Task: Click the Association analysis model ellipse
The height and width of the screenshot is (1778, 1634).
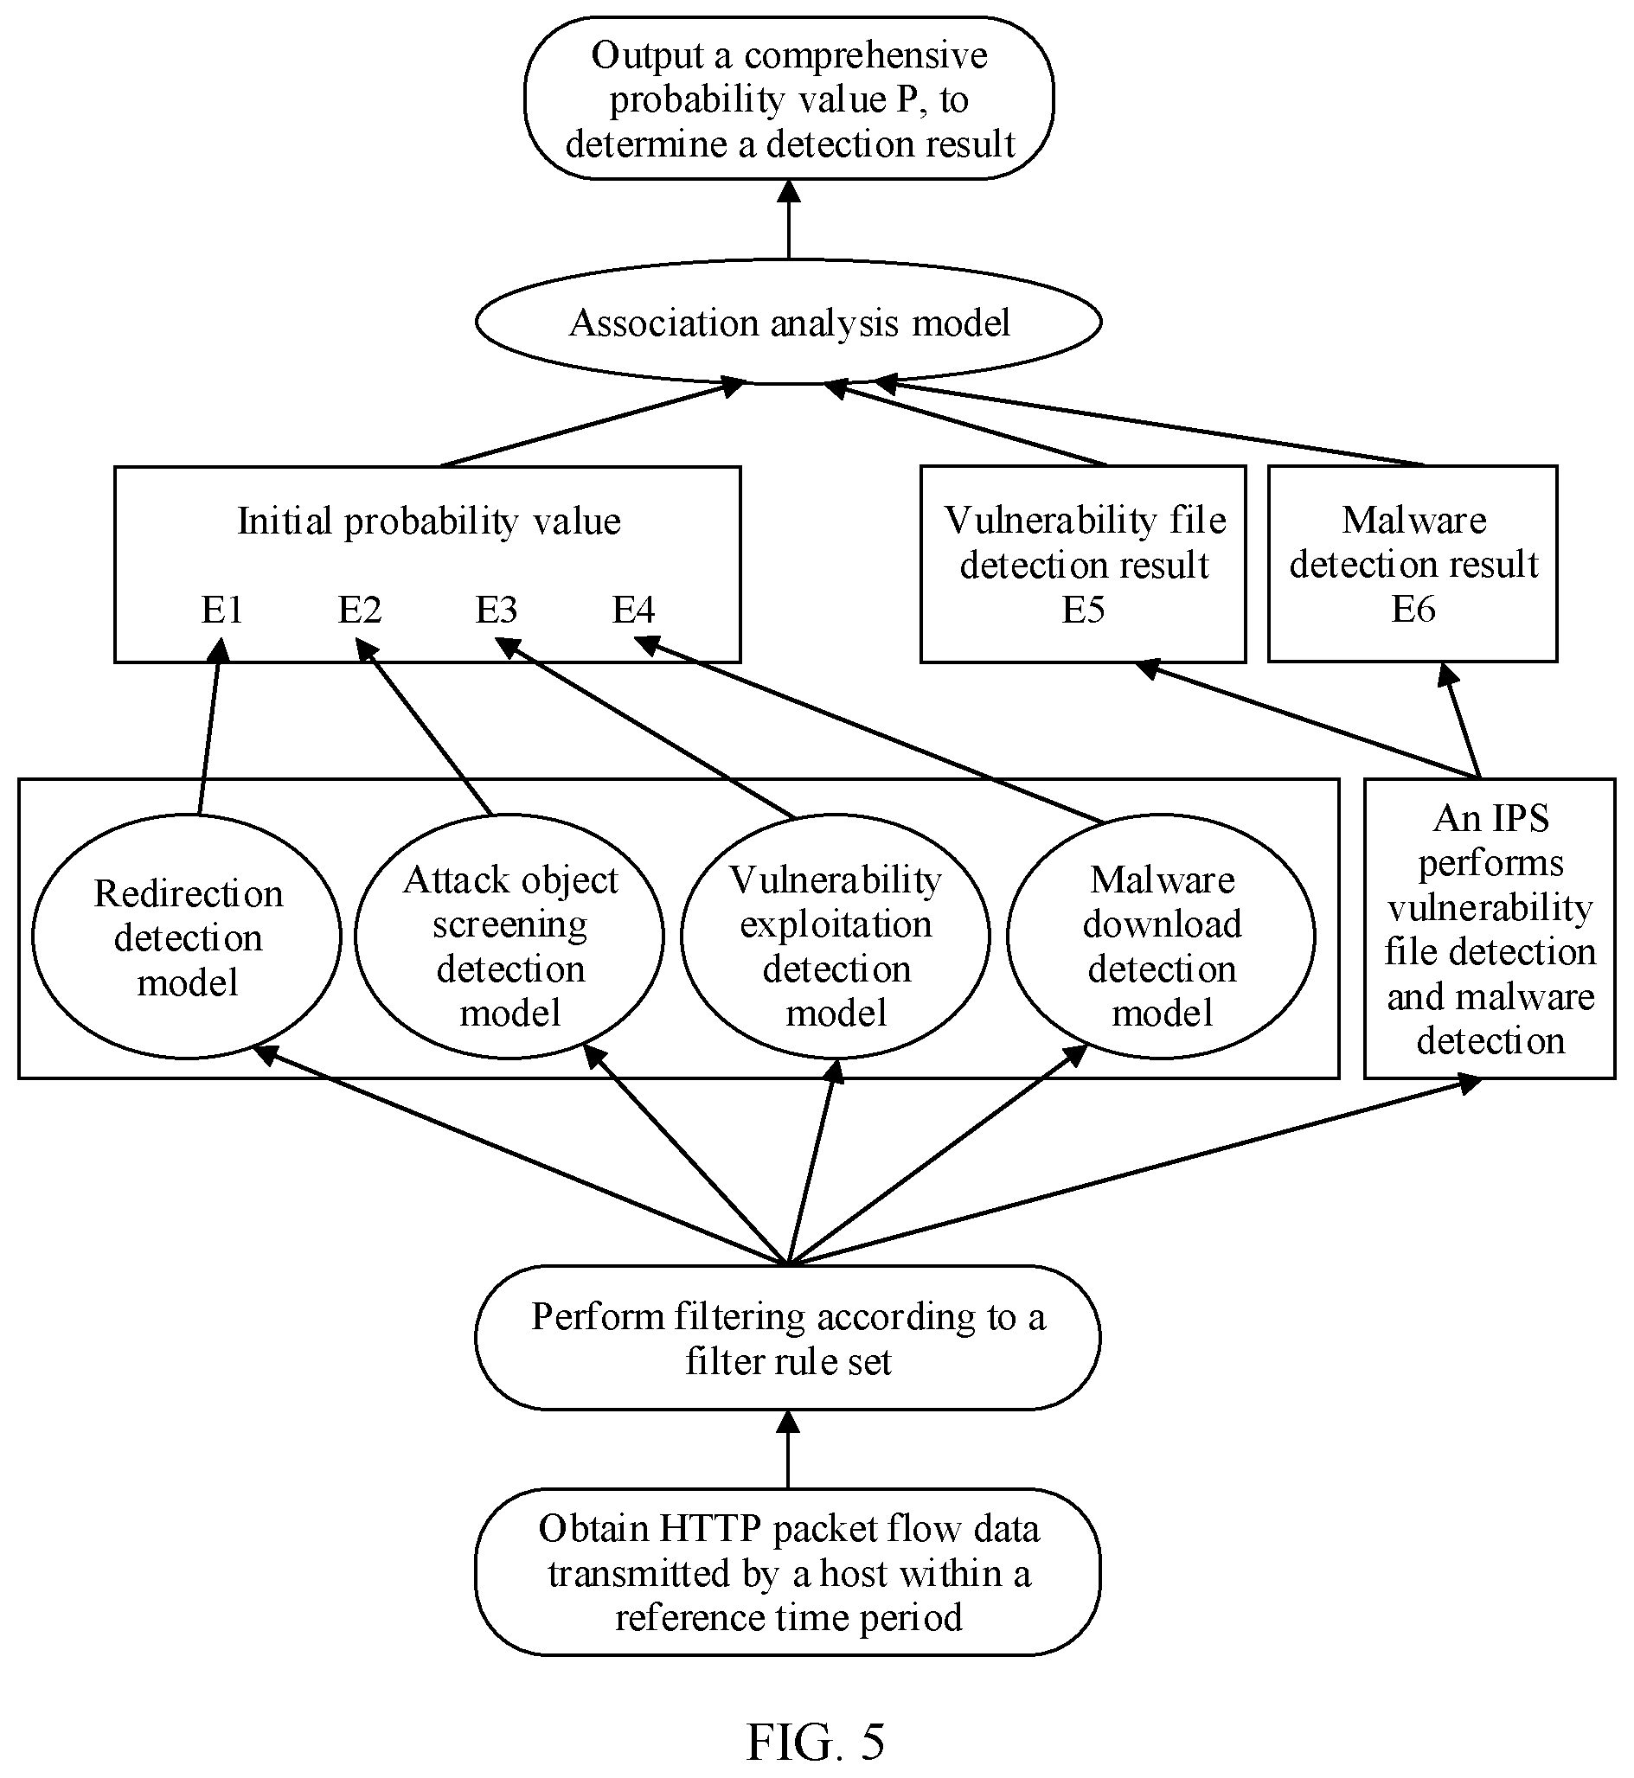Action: click(x=788, y=322)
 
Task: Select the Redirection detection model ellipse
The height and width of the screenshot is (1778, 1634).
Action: click(x=187, y=937)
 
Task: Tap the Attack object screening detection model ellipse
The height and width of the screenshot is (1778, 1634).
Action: click(x=509, y=937)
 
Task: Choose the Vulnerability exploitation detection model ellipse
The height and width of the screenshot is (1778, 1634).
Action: click(x=836, y=937)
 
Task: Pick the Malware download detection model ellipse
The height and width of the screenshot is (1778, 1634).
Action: click(x=1161, y=937)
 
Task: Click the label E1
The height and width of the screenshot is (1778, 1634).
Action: click(x=222, y=609)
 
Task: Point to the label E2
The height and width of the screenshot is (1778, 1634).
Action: click(x=360, y=609)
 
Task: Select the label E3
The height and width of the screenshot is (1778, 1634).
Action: click(x=497, y=609)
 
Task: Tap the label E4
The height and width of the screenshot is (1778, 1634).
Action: click(x=634, y=609)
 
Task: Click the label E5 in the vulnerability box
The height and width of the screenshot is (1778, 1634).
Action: click(x=1083, y=609)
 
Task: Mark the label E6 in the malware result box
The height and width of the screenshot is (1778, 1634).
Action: click(x=1413, y=608)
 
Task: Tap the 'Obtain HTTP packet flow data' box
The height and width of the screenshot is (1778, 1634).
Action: click(x=788, y=1573)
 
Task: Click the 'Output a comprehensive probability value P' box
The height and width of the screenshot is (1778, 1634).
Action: click(x=789, y=98)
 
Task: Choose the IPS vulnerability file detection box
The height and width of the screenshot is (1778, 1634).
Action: click(x=1490, y=928)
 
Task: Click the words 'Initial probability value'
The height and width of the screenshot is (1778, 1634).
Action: click(x=429, y=521)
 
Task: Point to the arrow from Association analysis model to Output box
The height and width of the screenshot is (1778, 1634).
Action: click(x=789, y=220)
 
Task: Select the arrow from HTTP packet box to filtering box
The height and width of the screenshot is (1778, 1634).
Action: click(x=788, y=1450)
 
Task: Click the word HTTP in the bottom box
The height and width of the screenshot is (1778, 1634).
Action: click(x=703, y=1529)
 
